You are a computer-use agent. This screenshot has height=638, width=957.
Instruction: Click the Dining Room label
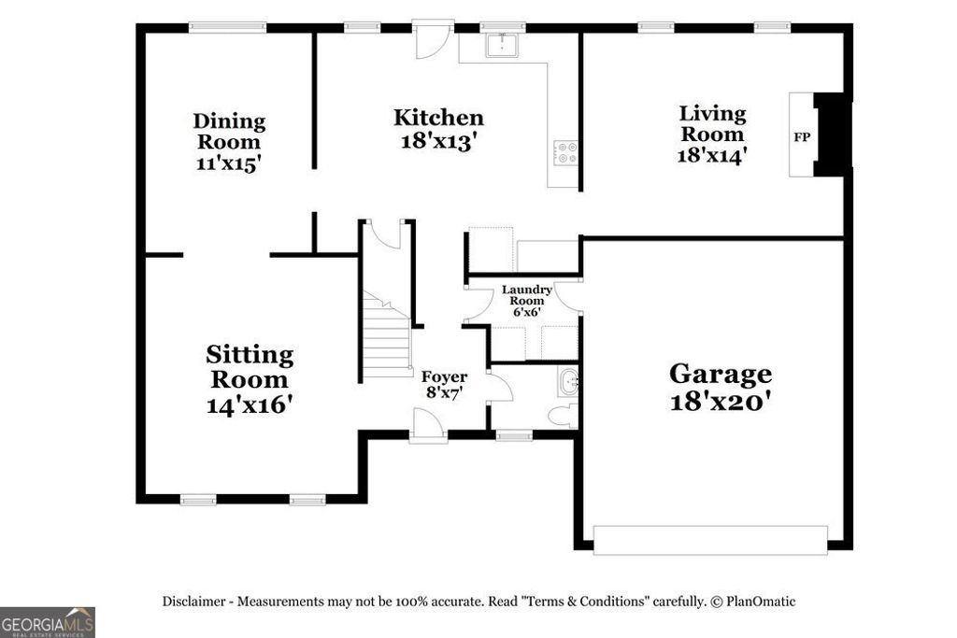(x=229, y=143)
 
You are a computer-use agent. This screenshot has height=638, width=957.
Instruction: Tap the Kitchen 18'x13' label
(x=438, y=129)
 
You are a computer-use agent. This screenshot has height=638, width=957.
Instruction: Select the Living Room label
(x=712, y=134)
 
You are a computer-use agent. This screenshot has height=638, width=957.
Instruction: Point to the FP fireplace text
(x=801, y=136)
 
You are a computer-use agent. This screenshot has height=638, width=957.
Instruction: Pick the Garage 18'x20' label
(x=720, y=387)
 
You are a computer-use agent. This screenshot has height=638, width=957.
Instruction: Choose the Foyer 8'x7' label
(x=446, y=385)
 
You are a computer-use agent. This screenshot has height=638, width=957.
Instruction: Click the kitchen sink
(x=503, y=45)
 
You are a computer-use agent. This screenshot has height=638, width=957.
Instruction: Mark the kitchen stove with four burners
(x=566, y=152)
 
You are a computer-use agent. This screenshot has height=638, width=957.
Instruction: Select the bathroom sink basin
(x=569, y=381)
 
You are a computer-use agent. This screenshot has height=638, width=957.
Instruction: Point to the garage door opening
(x=710, y=539)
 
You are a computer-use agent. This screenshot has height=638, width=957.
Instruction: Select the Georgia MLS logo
(x=47, y=622)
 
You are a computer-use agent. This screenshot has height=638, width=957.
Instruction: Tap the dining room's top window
(x=228, y=27)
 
